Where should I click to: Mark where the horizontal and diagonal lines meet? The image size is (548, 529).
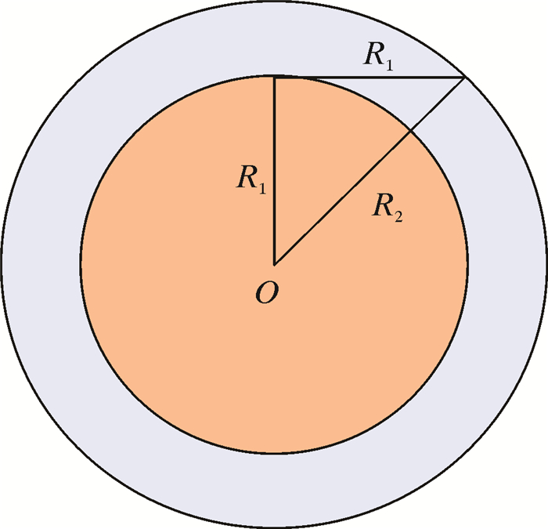466,78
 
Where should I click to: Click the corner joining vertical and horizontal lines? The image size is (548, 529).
274,78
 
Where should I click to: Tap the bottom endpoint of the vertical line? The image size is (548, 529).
274,264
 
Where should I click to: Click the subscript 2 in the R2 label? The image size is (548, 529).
398,216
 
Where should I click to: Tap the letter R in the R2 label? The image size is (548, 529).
384,207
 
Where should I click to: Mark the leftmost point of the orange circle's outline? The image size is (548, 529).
80,264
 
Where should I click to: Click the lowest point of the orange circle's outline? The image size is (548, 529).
274,452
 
